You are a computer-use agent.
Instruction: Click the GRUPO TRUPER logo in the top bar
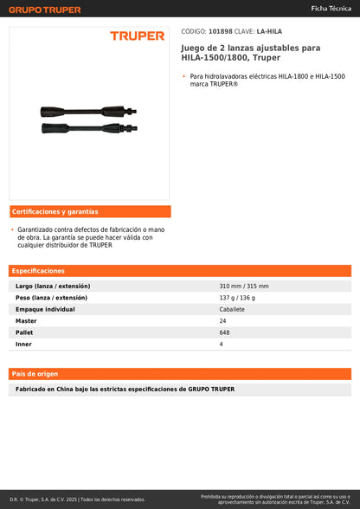46,10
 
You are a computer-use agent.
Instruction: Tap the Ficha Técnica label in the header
331,8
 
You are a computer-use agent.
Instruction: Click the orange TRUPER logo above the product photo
137,35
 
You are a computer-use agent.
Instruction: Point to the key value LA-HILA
269,31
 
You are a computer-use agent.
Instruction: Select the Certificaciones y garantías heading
55,211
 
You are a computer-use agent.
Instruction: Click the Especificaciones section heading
37,271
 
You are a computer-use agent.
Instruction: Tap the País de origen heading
35,374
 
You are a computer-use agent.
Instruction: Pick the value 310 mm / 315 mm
244,286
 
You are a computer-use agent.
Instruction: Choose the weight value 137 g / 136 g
237,297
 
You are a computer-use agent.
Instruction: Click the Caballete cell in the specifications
232,309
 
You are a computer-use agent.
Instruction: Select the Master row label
26,320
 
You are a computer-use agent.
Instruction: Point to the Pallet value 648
225,332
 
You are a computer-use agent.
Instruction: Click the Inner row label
23,344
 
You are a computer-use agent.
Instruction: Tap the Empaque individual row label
45,309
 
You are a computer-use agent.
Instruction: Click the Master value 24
222,320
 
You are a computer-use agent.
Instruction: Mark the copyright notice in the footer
78,499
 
